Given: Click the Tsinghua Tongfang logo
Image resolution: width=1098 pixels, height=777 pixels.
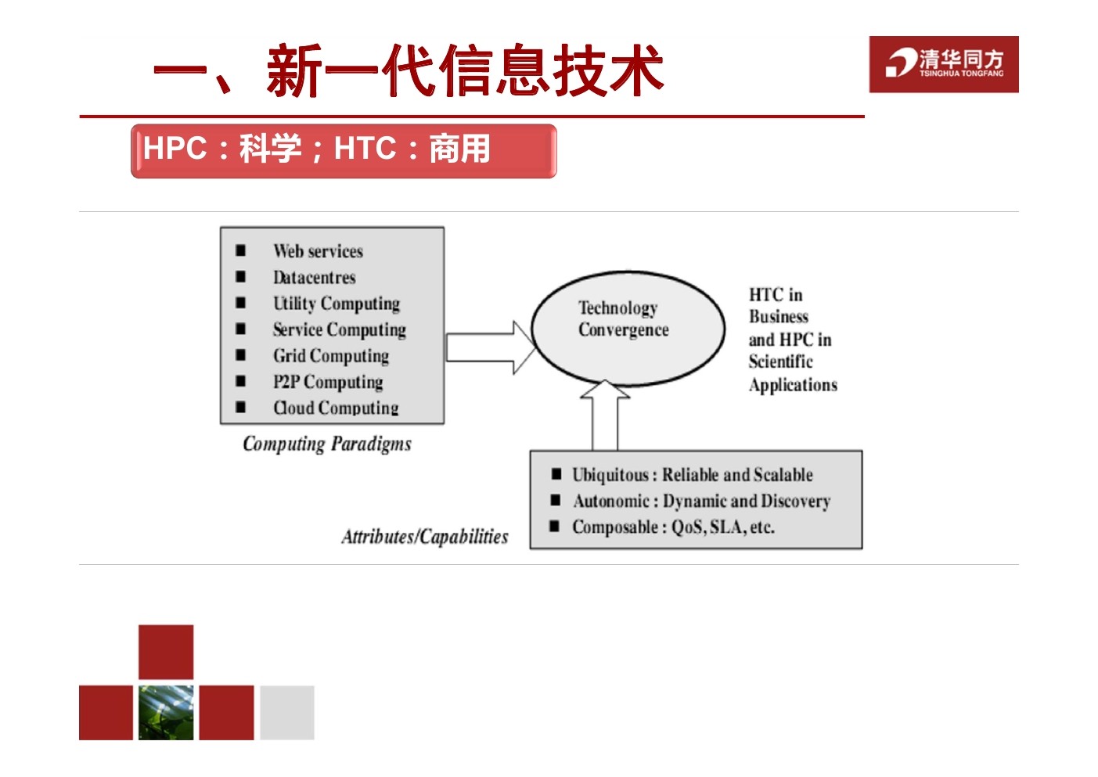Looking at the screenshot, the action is pyautogui.click(x=944, y=64).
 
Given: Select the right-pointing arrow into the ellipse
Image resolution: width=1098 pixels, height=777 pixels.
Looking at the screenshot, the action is pyautogui.click(x=490, y=347).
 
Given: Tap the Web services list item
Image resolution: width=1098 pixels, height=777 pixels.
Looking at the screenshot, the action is pyautogui.click(x=318, y=251).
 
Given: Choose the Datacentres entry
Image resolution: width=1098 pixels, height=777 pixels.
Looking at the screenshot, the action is pyautogui.click(x=314, y=278).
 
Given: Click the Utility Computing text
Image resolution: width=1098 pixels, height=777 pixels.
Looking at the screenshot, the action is pyautogui.click(x=337, y=304).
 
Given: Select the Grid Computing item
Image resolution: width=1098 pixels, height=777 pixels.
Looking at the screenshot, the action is pyautogui.click(x=331, y=356).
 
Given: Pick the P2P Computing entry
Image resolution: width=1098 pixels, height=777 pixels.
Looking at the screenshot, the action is pyautogui.click(x=328, y=382).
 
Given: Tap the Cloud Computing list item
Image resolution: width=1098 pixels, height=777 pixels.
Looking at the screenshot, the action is pyautogui.click(x=336, y=408).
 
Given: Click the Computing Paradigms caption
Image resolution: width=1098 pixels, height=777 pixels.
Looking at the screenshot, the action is pyautogui.click(x=327, y=444).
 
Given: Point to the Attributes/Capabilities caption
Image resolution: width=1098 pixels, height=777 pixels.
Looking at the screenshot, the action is pyautogui.click(x=425, y=537).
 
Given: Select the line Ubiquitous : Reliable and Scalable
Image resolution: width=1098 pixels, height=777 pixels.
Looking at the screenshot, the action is pyautogui.click(x=692, y=474).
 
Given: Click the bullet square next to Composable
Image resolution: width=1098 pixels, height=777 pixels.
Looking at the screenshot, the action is pyautogui.click(x=554, y=526).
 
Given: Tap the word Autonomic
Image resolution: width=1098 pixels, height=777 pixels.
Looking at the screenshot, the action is pyautogui.click(x=611, y=501).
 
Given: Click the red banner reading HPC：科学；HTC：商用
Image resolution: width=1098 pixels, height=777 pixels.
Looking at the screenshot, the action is pyautogui.click(x=344, y=151).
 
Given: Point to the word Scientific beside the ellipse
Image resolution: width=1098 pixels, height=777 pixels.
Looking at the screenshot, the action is pyautogui.click(x=780, y=362).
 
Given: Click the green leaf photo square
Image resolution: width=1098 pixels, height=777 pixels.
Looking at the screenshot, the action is pyautogui.click(x=166, y=712).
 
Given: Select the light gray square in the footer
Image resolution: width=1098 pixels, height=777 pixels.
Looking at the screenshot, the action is pyautogui.click(x=286, y=712).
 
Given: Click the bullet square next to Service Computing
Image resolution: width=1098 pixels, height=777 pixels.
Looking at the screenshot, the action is pyautogui.click(x=240, y=329).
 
